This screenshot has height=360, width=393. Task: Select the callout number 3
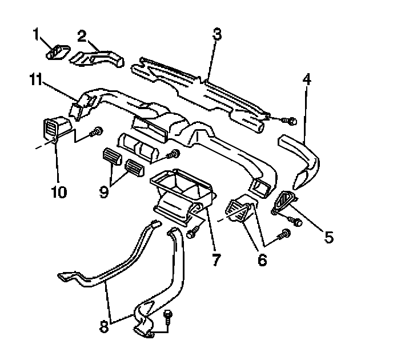pyautogui.click(x=216, y=34)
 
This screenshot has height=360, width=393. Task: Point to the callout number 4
pyautogui.click(x=307, y=80)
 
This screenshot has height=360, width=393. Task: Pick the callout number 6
pyautogui.click(x=262, y=260)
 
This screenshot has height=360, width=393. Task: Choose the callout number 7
pyautogui.click(x=216, y=260)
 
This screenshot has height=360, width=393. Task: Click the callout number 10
pyautogui.click(x=59, y=191)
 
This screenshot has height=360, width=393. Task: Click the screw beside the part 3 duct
pyautogui.click(x=291, y=121)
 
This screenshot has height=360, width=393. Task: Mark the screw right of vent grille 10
pyautogui.click(x=97, y=132)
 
